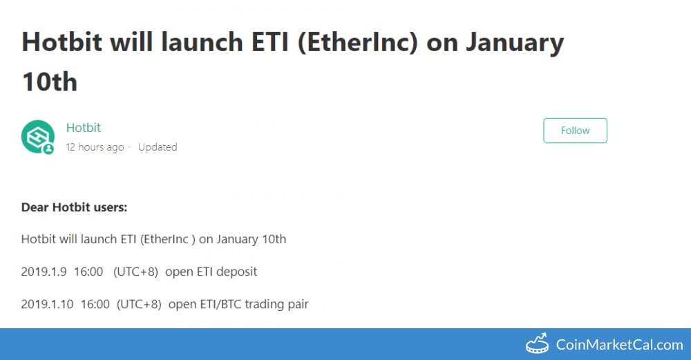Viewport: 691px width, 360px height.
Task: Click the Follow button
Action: coord(575,131)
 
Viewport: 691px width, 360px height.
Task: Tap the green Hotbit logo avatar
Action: coord(38,137)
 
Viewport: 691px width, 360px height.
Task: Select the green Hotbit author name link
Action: coord(84,128)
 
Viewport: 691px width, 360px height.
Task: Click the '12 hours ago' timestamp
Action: coord(95,147)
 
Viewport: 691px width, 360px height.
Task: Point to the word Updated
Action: coord(158,147)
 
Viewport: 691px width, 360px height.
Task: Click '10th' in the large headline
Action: coord(50,82)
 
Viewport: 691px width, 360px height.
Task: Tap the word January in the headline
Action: coord(515,43)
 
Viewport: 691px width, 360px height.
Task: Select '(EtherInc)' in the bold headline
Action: coord(358,43)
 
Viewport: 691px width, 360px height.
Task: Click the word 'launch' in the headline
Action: coord(202,42)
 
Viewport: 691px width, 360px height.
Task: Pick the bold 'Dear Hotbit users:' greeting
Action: coord(74,207)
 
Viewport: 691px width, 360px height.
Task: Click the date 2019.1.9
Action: coord(44,272)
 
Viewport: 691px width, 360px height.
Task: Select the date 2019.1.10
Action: coord(47,304)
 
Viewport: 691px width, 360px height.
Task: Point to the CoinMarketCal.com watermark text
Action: coord(619,345)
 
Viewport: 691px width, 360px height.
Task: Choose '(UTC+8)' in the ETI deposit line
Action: coord(135,272)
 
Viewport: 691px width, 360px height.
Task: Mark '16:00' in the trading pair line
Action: coord(95,304)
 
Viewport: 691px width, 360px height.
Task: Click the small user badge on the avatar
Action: coord(48,149)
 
